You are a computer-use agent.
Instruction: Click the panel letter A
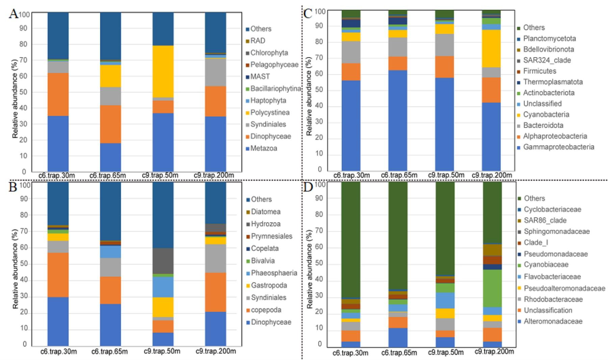coord(14,14)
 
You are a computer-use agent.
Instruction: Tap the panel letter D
coord(308,187)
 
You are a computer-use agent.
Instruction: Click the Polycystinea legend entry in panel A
coord(270,112)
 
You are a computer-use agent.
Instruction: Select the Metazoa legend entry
coord(263,148)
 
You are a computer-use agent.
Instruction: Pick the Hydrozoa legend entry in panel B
coord(265,224)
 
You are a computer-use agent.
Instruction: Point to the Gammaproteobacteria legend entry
coord(558,147)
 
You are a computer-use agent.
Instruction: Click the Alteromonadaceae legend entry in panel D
coord(553,321)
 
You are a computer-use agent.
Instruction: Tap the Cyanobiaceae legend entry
coord(546,264)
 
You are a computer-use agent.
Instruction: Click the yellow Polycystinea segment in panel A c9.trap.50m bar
coord(163,71)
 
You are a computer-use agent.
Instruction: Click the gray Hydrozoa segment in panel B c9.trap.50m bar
coord(163,261)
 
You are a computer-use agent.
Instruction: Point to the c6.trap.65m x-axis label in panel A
coord(107,176)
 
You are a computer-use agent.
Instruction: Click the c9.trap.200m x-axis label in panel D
coord(494,352)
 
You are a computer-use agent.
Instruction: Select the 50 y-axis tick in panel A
coord(24,92)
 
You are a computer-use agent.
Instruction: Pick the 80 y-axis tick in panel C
coord(319,42)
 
